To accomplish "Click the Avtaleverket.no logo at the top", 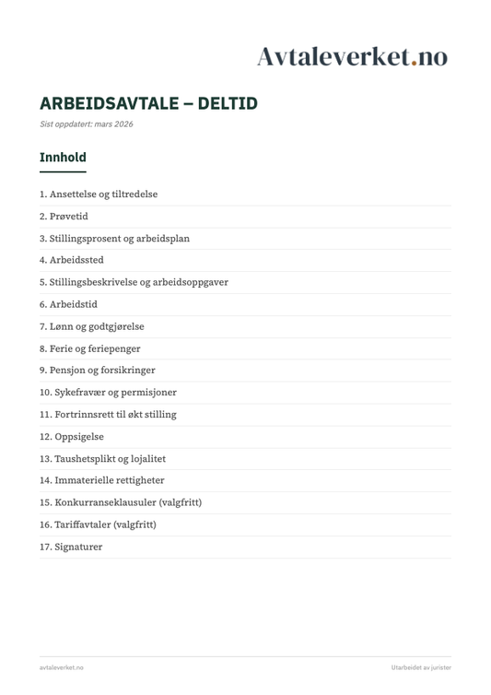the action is (352, 56).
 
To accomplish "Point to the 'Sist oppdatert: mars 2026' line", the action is (86, 124).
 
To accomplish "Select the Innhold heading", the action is (63, 158).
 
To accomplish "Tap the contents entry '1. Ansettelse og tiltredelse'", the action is (99, 194).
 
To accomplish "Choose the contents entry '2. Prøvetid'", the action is (64, 217).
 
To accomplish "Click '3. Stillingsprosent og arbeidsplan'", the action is (114, 239).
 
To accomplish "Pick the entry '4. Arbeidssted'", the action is (72, 260).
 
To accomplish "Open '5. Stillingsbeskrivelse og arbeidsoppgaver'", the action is (134, 282).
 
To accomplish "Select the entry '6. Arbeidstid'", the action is (68, 304).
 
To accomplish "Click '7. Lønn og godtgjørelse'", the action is (91, 326).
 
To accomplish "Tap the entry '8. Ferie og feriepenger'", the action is (90, 348).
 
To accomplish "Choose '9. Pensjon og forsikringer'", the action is (97, 371).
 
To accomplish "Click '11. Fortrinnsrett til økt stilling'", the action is (108, 415).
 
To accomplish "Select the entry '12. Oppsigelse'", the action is (71, 437).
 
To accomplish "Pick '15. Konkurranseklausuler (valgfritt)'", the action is (121, 502).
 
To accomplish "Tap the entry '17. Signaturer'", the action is (71, 547).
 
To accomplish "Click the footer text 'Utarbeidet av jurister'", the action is (420, 666).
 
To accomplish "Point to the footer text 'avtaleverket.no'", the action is (62, 666).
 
